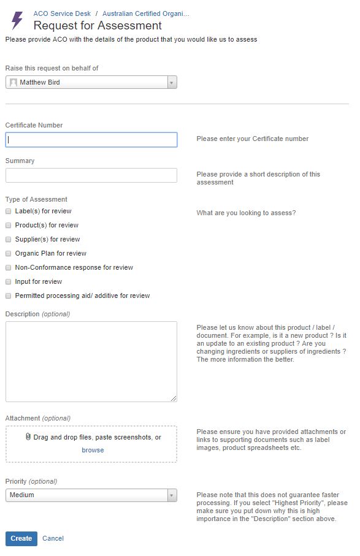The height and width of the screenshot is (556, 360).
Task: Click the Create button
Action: pos(21,538)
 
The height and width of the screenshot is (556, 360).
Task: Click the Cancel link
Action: pos(53,538)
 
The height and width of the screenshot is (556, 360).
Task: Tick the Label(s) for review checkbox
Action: pos(9,211)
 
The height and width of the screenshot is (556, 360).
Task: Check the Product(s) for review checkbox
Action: pos(9,225)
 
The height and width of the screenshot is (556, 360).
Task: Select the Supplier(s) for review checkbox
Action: pos(9,239)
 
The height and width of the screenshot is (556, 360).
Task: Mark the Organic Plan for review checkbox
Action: pos(9,253)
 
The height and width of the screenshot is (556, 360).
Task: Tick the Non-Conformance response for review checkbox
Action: pos(9,267)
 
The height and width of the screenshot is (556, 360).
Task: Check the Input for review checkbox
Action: pos(9,281)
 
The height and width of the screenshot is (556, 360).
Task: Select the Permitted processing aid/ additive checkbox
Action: pos(9,295)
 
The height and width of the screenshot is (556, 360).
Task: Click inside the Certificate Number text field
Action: pos(91,140)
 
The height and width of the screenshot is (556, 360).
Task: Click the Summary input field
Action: pos(91,175)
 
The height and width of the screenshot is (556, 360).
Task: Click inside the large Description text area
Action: pos(91,362)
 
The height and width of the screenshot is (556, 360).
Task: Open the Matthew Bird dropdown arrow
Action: pos(172,82)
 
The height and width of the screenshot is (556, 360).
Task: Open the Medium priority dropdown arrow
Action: pos(172,495)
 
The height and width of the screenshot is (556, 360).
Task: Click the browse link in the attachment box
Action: pos(93,450)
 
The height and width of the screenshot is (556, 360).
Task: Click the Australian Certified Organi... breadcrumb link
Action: pos(146,13)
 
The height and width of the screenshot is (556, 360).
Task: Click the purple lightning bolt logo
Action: pos(17,20)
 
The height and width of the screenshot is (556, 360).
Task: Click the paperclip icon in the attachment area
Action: pos(28,437)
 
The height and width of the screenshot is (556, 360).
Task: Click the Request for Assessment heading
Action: pos(98,26)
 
